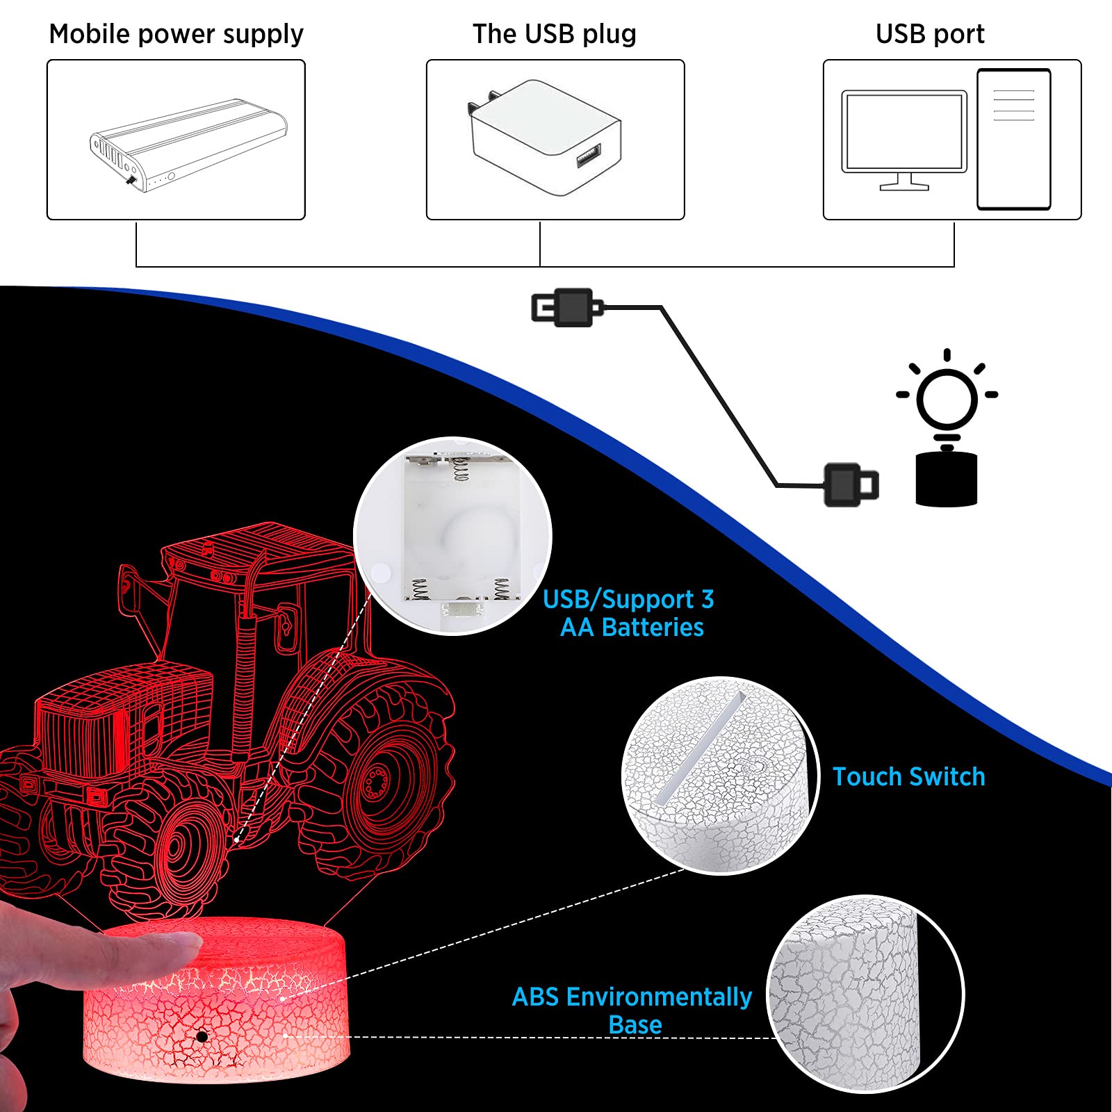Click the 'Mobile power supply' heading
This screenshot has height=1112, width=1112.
[x=176, y=34]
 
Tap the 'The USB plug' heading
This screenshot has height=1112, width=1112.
[x=555, y=33]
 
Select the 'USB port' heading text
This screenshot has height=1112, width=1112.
[x=930, y=33]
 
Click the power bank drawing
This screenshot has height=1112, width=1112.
[x=188, y=145]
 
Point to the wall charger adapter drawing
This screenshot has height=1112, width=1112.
[x=545, y=138]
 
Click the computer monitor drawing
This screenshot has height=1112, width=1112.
[x=904, y=139]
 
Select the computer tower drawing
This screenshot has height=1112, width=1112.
[x=1014, y=139]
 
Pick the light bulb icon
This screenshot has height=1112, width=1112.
[x=947, y=400]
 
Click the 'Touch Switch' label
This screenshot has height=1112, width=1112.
[x=909, y=776]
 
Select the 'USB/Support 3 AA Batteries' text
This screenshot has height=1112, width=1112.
[x=629, y=613]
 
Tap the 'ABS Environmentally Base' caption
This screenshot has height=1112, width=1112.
[x=632, y=1011]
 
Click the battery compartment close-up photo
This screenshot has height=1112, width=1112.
[x=453, y=535]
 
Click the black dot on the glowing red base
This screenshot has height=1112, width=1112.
[x=202, y=1036]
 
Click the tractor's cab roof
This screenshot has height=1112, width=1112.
[x=257, y=549]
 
